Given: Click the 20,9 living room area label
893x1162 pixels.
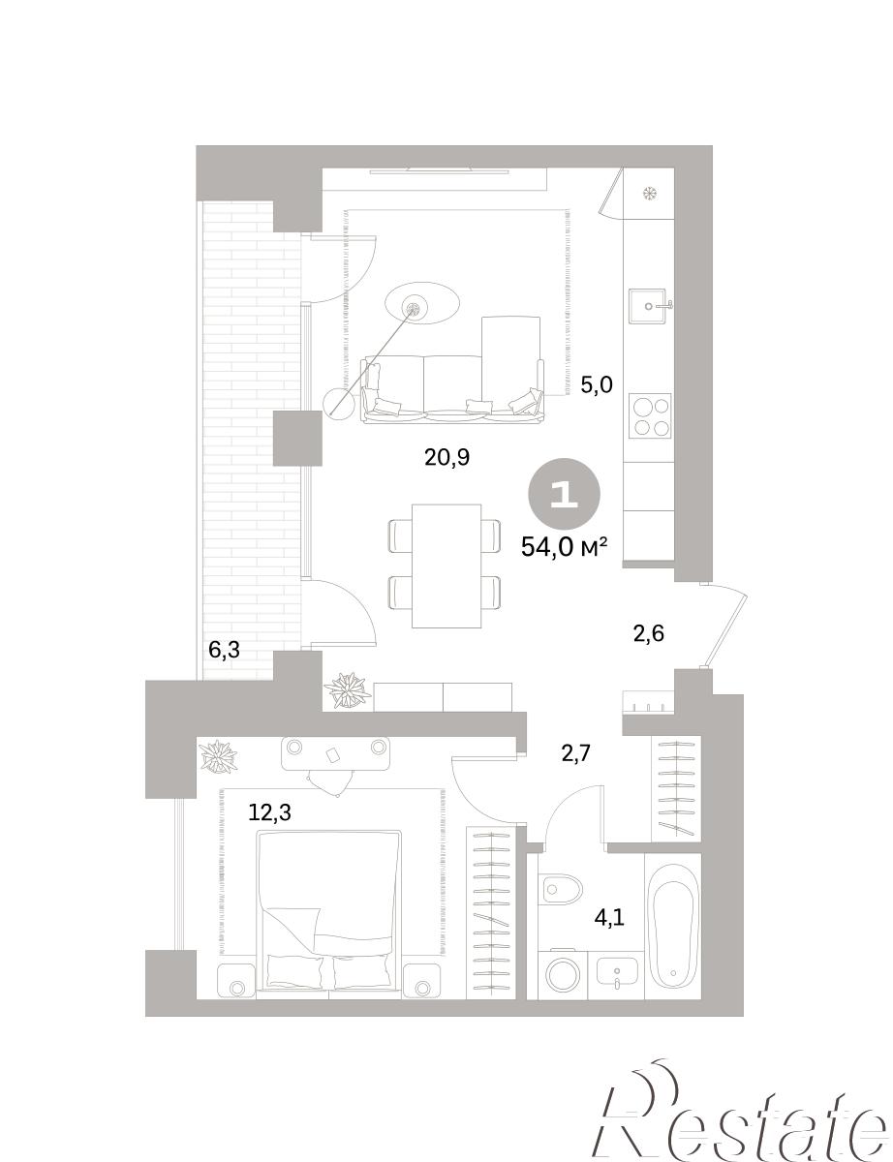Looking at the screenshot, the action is point(446,458).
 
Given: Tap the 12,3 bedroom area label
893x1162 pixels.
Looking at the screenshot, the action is point(269,812).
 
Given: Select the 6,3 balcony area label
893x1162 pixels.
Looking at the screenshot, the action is point(224,651).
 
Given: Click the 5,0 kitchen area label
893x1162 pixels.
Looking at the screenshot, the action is point(597,384).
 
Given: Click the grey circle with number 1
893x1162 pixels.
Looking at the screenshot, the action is point(564,496).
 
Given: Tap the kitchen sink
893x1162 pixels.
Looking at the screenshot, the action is point(650,306).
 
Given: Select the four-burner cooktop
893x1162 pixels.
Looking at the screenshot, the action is point(650,416).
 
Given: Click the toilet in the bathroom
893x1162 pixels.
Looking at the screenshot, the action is point(558,889).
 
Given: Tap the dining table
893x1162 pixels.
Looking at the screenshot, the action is point(446,566).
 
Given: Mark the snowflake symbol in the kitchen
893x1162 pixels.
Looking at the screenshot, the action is point(650,193).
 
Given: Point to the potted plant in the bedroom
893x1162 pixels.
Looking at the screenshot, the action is point(218,756).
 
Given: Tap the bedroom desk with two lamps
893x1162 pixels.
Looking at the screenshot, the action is point(335,752).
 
